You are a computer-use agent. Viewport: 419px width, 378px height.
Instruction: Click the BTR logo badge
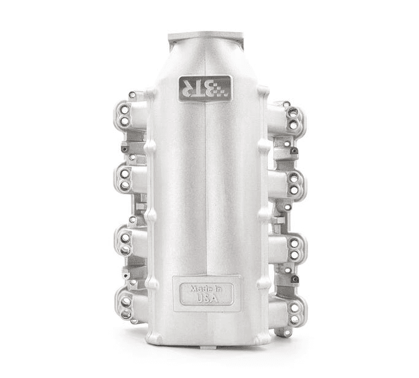(205, 89)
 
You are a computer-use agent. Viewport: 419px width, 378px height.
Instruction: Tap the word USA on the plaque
(207, 298)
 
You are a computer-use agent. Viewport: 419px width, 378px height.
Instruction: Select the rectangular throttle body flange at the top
(206, 37)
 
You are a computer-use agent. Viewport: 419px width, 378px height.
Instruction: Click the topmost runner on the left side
(131, 115)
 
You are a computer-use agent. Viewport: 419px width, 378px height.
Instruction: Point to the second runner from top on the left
(131, 179)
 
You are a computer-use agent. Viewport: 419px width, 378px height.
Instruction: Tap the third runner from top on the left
(131, 243)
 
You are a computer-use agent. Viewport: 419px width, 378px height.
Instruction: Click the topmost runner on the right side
(286, 119)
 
